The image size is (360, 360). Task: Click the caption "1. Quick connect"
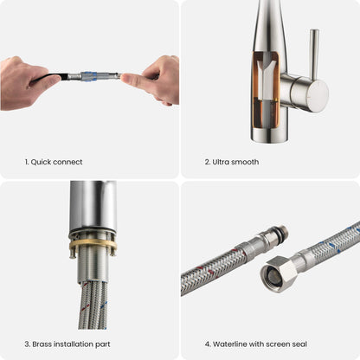54,162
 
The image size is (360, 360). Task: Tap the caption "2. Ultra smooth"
232,162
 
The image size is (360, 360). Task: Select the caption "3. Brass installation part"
67,344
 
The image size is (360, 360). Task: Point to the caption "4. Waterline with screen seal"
256,344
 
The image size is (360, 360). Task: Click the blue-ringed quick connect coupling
89,76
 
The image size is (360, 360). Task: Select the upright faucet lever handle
314,54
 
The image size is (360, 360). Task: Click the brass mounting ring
93,244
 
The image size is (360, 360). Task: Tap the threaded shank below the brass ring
93,266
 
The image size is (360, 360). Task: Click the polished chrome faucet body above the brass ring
93,206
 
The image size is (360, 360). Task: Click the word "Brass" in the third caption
42,344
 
